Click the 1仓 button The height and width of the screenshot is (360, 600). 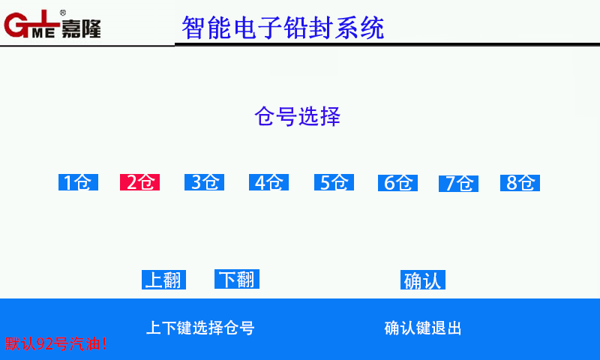tap(79, 182)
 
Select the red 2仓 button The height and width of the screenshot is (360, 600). tap(139, 182)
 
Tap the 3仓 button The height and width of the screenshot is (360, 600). tap(204, 182)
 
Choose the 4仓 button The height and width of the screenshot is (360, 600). tap(268, 182)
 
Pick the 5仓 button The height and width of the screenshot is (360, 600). tap(334, 182)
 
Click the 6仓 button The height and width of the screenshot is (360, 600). tap(397, 183)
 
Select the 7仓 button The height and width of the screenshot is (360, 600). tap(458, 183)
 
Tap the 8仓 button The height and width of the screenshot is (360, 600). tap(520, 183)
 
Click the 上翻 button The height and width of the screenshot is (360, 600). tap(163, 280)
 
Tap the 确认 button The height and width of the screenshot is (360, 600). tap(423, 280)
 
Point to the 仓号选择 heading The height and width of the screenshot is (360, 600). tap(297, 116)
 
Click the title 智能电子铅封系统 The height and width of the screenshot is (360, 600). tap(283, 28)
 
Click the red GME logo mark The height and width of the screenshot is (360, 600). tap(31, 24)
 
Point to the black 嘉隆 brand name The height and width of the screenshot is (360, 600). tap(81, 28)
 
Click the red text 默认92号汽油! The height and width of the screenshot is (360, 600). tap(55, 343)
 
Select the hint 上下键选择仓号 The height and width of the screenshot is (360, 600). tap(200, 328)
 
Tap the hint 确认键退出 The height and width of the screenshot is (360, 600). tap(423, 328)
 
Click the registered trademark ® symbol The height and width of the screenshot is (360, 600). tap(63, 13)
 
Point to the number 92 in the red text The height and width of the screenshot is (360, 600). tap(44, 343)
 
